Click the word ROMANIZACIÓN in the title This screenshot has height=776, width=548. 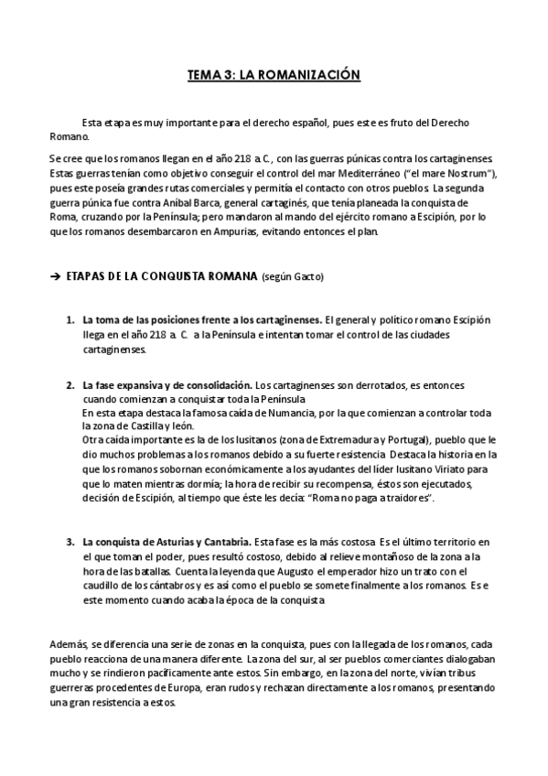click(x=311, y=77)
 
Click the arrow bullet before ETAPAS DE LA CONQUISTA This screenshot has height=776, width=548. click(x=54, y=276)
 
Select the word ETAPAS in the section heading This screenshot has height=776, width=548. click(x=90, y=276)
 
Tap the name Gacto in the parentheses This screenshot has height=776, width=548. click(x=307, y=276)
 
